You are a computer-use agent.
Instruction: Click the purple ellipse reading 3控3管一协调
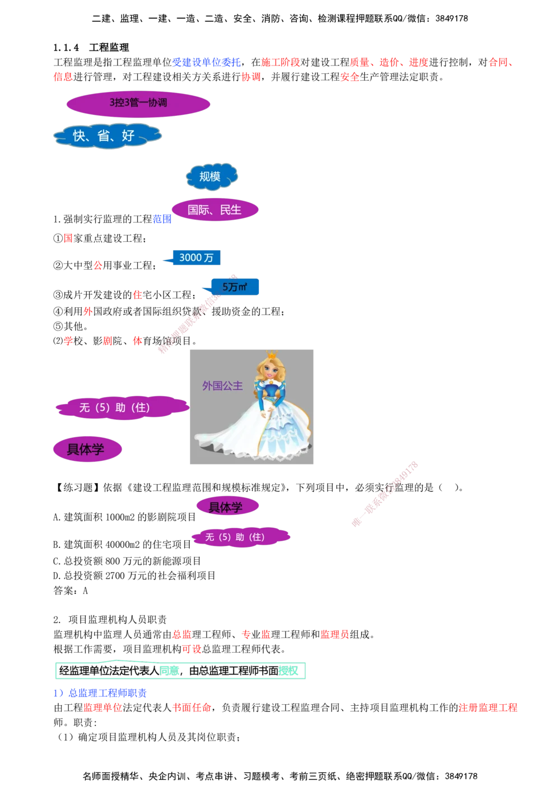point(138,104)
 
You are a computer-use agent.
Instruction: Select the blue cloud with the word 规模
point(211,176)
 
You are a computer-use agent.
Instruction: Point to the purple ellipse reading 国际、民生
point(214,210)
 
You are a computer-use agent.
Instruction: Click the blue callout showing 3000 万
point(196,257)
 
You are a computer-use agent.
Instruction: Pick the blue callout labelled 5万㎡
point(235,287)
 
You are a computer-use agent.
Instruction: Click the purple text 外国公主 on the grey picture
point(222,386)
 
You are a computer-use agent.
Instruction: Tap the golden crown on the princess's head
point(272,355)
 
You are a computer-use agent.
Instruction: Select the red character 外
point(87,312)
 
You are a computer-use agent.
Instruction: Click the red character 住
point(137,294)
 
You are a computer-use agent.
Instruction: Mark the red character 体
point(137,341)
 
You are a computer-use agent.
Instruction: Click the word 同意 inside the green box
point(169,670)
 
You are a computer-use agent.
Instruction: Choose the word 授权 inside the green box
point(289,671)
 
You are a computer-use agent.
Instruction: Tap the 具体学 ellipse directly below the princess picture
point(227,507)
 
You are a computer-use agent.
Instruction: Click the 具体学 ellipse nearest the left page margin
point(86,449)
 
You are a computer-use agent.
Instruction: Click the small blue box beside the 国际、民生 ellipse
point(162,219)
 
